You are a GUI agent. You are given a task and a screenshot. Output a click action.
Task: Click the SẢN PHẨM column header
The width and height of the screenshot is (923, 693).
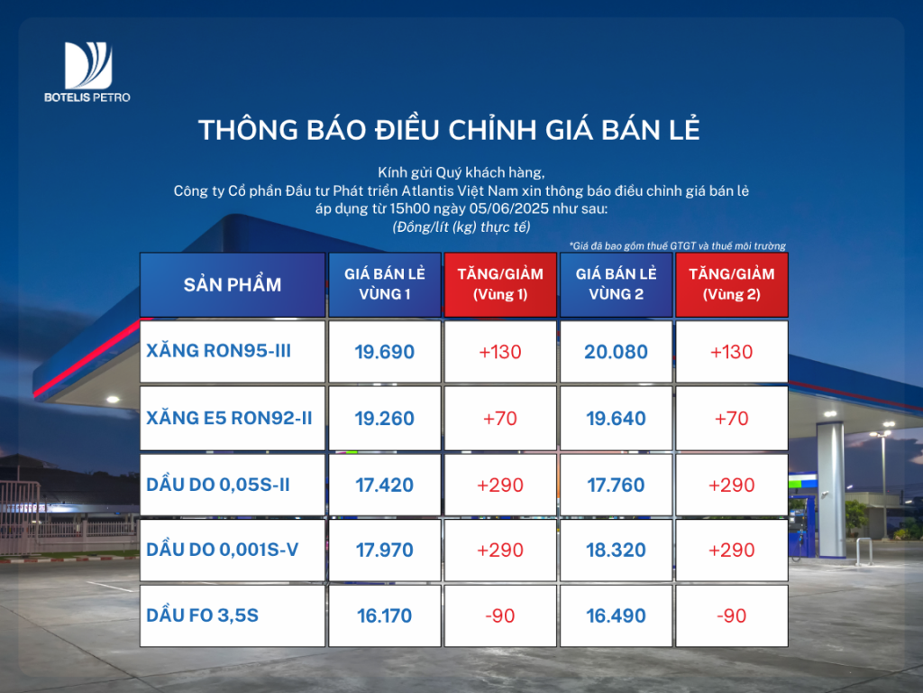[233, 284]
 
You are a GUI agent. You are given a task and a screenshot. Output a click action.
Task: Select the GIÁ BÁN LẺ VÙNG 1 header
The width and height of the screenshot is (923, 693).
[384, 284]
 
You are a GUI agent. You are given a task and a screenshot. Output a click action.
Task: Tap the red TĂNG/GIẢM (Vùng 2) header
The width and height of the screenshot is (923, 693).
[732, 284]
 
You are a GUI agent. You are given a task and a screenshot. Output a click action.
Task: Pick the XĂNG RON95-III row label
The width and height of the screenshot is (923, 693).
[218, 351]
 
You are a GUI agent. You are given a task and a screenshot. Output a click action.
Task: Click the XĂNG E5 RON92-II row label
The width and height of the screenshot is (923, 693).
[229, 418]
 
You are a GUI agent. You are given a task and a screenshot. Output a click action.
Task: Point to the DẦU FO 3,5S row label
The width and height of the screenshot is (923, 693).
[203, 615]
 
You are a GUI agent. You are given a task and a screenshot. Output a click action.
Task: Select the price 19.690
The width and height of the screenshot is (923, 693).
[384, 352]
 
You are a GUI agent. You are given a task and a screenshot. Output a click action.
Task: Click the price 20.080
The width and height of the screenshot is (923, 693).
[616, 352]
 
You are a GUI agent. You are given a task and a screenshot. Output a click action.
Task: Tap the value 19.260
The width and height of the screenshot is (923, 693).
[384, 419]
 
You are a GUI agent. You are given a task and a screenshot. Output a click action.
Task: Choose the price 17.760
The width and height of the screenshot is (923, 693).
[616, 485]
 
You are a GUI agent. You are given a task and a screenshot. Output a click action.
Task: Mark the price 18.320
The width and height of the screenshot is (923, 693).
[616, 550]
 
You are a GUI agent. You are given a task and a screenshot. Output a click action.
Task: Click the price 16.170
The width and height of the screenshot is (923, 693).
[384, 615]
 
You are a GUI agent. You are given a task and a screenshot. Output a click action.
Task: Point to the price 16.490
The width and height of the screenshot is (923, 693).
[616, 615]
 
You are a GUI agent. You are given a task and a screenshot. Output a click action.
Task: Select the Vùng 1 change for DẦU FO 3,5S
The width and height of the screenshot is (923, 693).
[499, 615]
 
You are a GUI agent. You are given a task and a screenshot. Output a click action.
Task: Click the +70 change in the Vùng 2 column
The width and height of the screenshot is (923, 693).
[732, 419]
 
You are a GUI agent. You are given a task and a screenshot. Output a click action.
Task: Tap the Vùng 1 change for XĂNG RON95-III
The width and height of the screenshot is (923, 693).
[499, 352]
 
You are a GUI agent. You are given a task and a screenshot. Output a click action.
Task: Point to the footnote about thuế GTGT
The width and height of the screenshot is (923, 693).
[678, 245]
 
